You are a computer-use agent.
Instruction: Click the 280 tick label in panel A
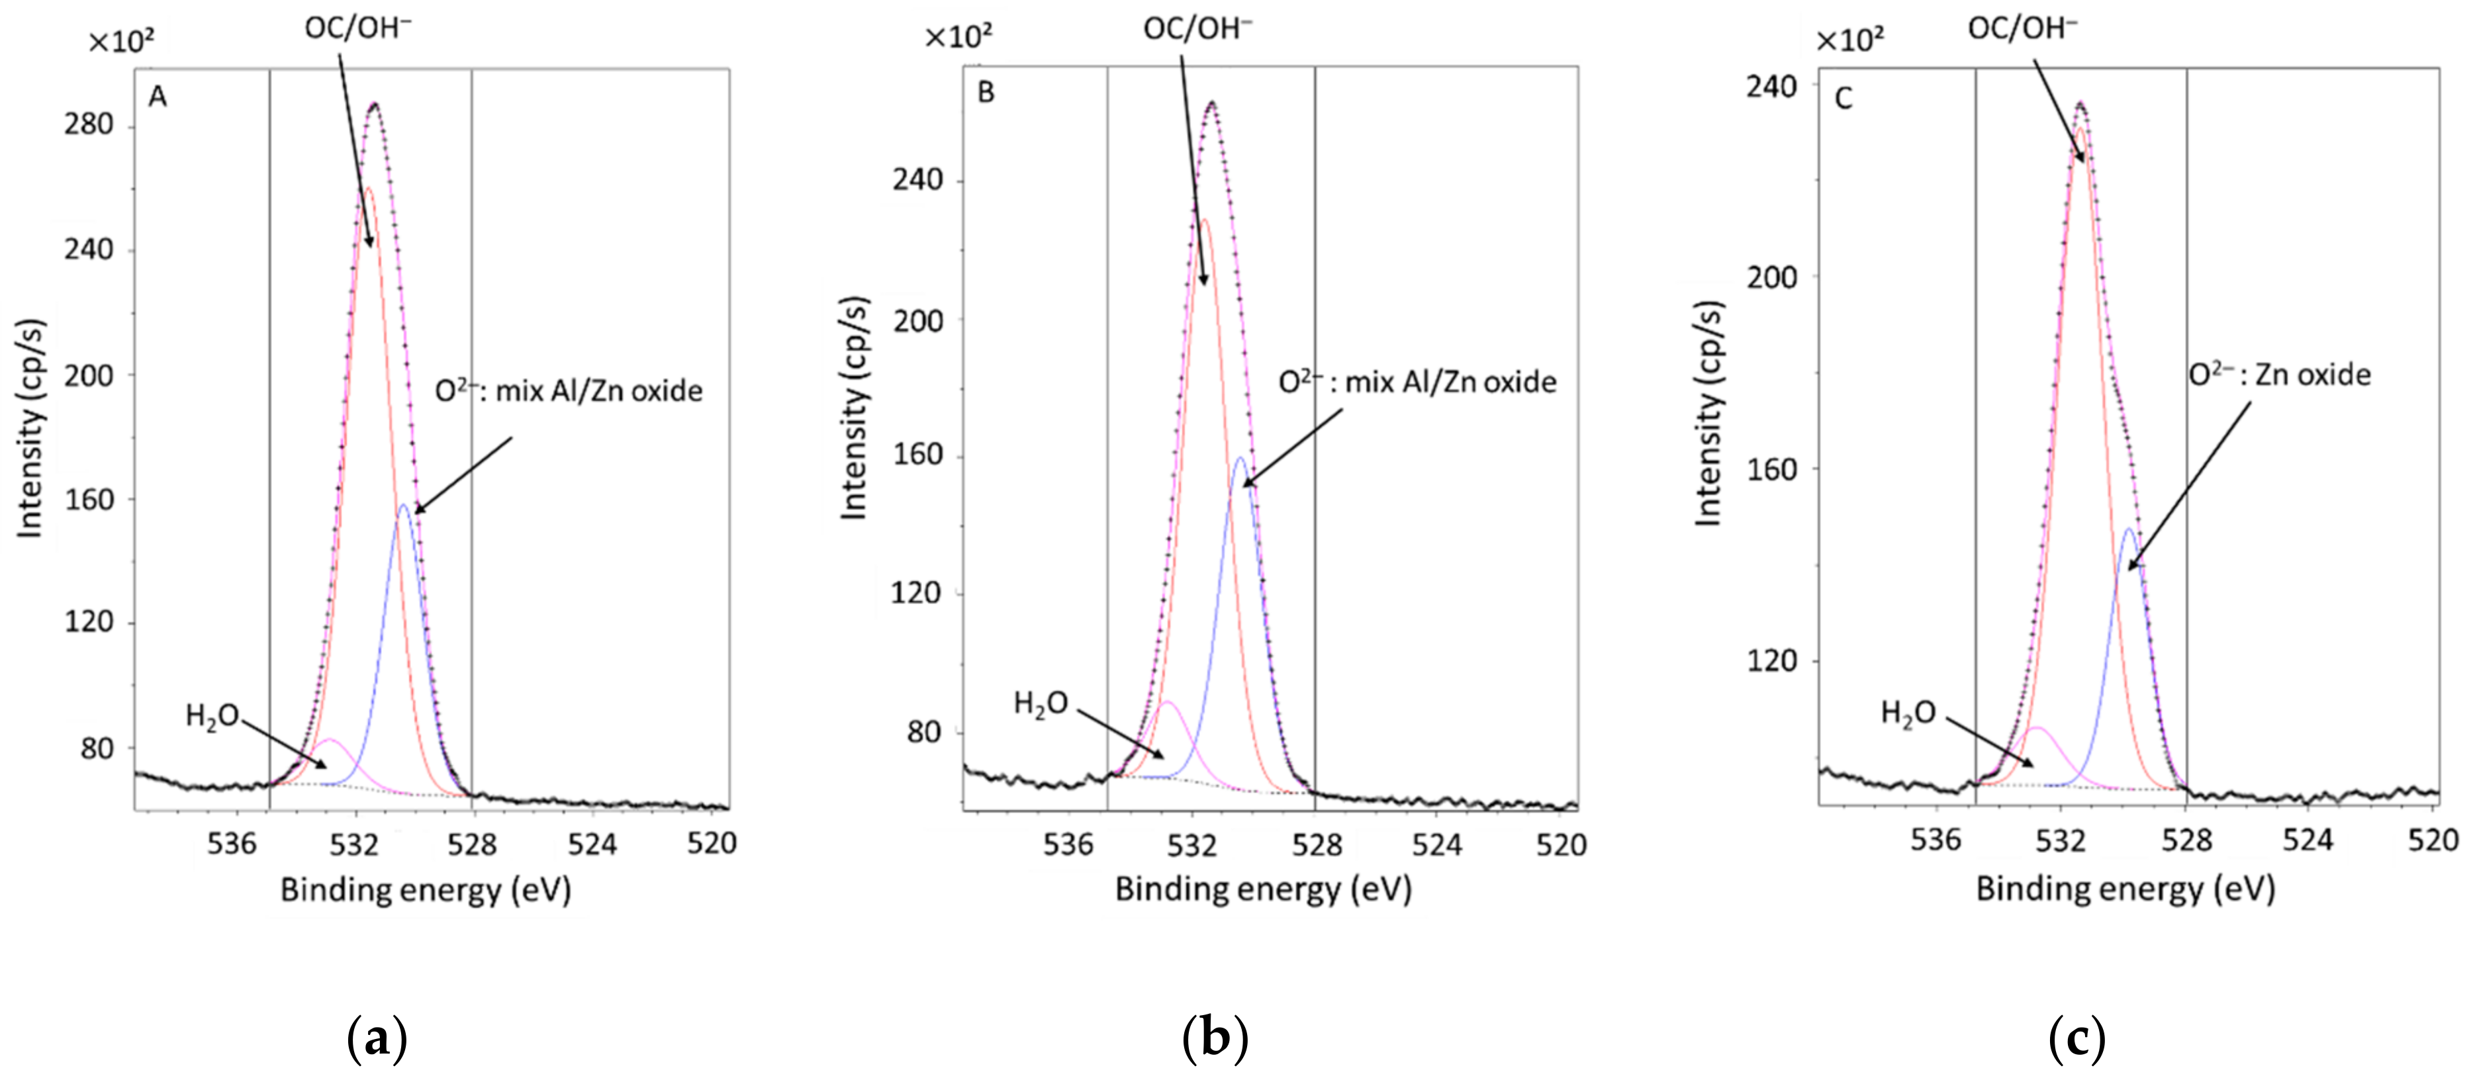click(88, 125)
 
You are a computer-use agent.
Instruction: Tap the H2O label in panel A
click(211, 716)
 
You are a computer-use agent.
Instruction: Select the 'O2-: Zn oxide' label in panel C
click(2279, 375)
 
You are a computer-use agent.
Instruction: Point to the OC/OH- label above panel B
click(1197, 29)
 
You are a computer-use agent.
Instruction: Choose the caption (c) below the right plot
click(2076, 1039)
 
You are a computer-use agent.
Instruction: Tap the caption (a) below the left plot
click(377, 1039)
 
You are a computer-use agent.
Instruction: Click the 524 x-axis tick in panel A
click(591, 844)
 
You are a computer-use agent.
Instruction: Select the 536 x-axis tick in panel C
click(1936, 840)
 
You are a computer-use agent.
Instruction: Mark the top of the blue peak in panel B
click(1240, 458)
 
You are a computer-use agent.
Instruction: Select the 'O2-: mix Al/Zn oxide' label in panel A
click(569, 390)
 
